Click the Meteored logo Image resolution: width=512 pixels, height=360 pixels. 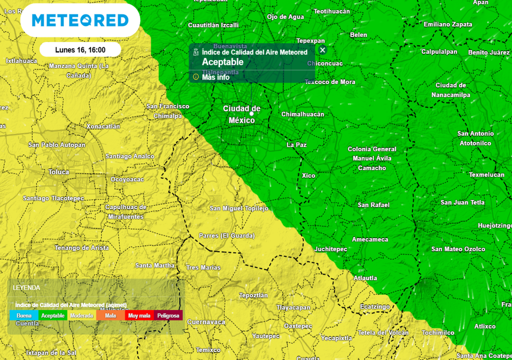tap(80, 20)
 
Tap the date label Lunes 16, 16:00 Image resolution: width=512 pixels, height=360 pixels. tap(80, 50)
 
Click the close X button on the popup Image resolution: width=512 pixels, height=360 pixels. tap(322, 50)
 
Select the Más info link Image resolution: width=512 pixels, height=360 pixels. tap(215, 77)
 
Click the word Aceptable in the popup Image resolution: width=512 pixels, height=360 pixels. tap(222, 62)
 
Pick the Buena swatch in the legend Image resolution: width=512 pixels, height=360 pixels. tap(24, 315)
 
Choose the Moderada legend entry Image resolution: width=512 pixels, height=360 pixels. tap(81, 315)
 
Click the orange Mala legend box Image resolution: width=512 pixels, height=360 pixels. tap(110, 315)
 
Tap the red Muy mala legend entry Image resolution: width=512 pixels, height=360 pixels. tap(139, 315)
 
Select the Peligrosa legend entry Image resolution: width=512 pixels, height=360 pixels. tap(168, 315)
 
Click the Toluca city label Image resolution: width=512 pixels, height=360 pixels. tap(58, 172)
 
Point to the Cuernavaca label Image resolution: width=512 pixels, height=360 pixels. tap(206, 322)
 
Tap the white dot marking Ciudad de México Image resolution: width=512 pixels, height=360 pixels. tap(251, 114)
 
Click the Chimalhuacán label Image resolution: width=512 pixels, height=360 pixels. tap(302, 114)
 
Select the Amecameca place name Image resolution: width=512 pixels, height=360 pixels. tap(369, 239)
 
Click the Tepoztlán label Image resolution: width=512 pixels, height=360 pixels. tap(253, 295)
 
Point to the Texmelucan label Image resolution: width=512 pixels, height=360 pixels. tap(486, 175)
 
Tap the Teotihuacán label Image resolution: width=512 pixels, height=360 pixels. tap(331, 11)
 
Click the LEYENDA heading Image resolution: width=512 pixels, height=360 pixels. tap(26, 288)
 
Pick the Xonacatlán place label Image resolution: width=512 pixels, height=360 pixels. tap(103, 126)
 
